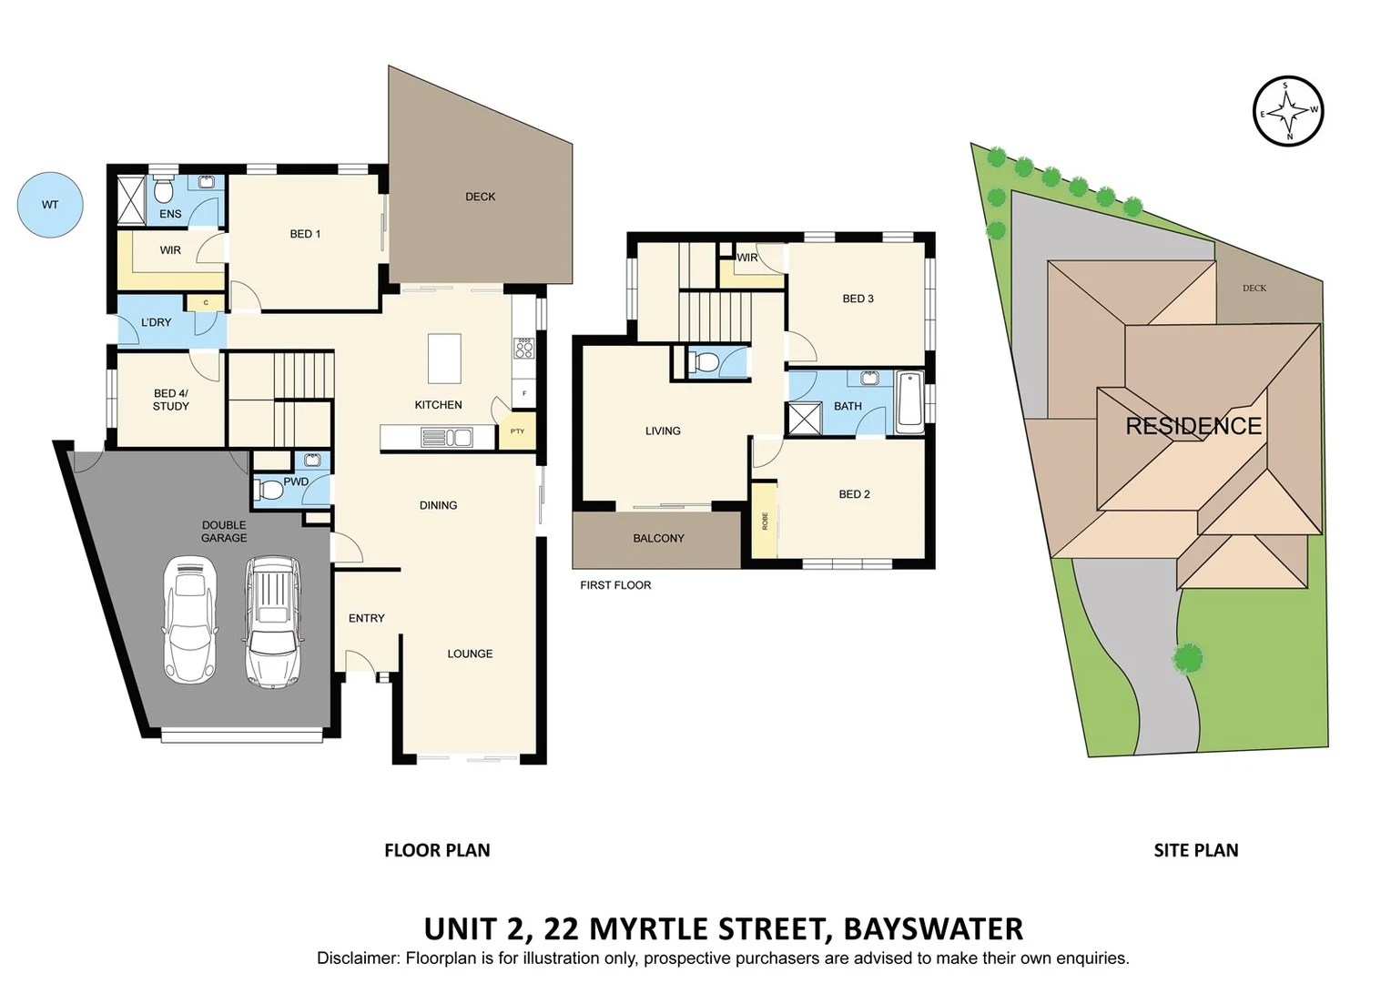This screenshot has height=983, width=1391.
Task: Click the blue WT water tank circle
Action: [51, 206]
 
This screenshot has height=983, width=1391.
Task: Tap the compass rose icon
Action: [1287, 112]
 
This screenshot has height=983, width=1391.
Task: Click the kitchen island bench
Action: [444, 359]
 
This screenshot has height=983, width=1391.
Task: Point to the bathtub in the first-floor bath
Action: [909, 401]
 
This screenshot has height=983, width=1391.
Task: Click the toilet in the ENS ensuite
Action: [164, 191]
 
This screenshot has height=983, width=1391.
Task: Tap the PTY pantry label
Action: [517, 431]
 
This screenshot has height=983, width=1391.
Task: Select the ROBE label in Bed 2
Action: [765, 521]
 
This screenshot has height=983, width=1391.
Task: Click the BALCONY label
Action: [658, 538]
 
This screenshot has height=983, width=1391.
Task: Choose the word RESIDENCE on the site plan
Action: [1193, 426]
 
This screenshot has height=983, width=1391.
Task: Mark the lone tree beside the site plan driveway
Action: [1188, 657]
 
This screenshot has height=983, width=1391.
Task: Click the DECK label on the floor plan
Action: [480, 197]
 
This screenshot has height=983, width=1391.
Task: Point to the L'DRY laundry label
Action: [156, 322]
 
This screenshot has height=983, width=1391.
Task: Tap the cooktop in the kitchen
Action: [524, 348]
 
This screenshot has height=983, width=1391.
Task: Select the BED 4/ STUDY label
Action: [170, 400]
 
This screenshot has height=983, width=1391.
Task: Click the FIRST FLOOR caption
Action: [615, 585]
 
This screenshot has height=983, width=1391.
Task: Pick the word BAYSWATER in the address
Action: [933, 928]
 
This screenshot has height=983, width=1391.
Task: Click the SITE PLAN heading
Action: [1195, 850]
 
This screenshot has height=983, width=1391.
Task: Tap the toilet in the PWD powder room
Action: [270, 491]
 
